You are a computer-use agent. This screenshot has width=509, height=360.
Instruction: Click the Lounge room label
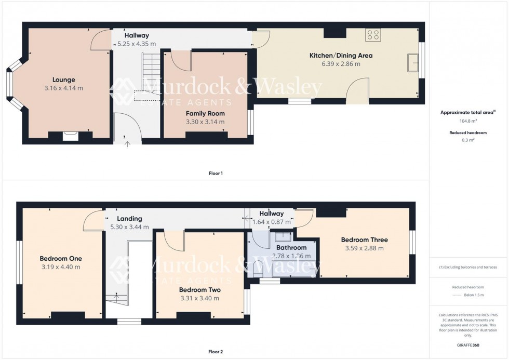(x=63, y=79)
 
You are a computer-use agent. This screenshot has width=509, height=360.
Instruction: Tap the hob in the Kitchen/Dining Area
(x=372, y=35)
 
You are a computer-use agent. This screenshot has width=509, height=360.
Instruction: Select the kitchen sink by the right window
(x=414, y=62)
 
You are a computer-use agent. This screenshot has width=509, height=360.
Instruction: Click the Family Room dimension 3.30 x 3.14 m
(x=205, y=122)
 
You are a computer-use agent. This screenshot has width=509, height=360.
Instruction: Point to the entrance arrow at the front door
(x=127, y=140)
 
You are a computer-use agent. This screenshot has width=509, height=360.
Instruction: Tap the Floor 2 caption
(x=215, y=352)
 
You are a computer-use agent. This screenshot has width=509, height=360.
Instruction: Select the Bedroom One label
(x=61, y=258)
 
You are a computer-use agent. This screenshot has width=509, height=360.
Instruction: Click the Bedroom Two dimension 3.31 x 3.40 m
(x=199, y=298)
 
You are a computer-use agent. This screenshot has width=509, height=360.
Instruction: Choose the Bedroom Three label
(x=364, y=240)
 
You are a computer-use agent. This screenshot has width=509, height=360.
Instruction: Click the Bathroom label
(x=291, y=248)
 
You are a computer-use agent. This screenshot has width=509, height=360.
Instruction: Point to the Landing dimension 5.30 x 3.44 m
(x=129, y=227)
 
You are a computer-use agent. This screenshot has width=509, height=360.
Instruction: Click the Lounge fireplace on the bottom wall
(x=70, y=136)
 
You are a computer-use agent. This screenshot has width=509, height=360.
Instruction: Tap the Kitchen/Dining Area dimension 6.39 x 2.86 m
(x=341, y=64)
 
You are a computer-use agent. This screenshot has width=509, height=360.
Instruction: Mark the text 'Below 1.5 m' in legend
(x=473, y=295)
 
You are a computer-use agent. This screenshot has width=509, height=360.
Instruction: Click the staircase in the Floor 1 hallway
(x=149, y=70)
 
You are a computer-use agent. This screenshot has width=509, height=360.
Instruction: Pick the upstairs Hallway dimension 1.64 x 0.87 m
(x=271, y=222)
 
